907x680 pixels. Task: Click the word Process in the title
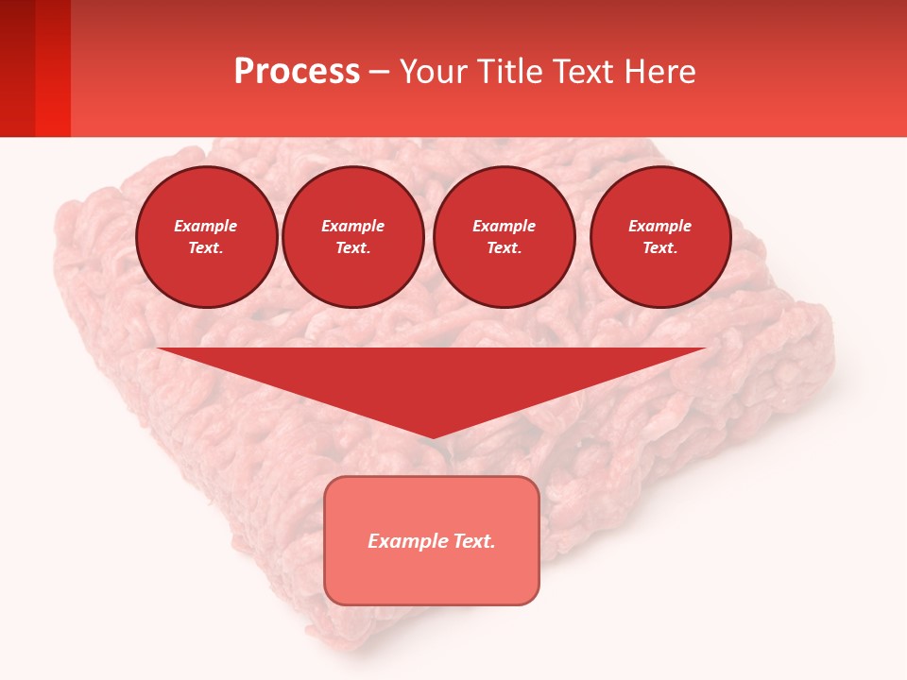pyautogui.click(x=297, y=72)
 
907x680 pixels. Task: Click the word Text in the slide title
pyautogui.click(x=583, y=72)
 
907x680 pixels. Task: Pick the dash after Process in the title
pyautogui.click(x=380, y=74)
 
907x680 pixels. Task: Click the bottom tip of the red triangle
pyautogui.click(x=432, y=435)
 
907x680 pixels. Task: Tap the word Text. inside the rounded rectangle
pyautogui.click(x=473, y=541)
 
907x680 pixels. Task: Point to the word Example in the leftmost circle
pyautogui.click(x=206, y=226)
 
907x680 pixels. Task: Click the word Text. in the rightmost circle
pyautogui.click(x=659, y=247)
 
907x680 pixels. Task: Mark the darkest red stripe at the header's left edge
pyautogui.click(x=17, y=68)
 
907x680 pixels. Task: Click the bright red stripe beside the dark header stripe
pyautogui.click(x=53, y=68)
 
